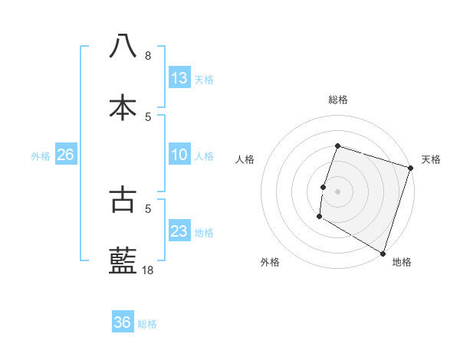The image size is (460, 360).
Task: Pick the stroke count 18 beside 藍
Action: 148,270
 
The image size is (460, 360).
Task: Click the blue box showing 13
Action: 179,78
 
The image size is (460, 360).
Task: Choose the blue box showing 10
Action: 179,155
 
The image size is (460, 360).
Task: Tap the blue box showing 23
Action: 179,231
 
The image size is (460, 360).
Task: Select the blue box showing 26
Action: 65,155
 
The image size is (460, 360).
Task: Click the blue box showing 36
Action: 123,322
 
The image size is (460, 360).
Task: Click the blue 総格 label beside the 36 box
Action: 147,324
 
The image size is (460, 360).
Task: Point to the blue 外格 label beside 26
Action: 41,156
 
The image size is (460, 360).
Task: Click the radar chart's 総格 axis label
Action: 337,100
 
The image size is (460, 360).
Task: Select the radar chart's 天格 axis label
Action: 431,159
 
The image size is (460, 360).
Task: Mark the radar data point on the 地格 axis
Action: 383,253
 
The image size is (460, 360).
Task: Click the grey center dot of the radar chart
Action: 337,191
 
